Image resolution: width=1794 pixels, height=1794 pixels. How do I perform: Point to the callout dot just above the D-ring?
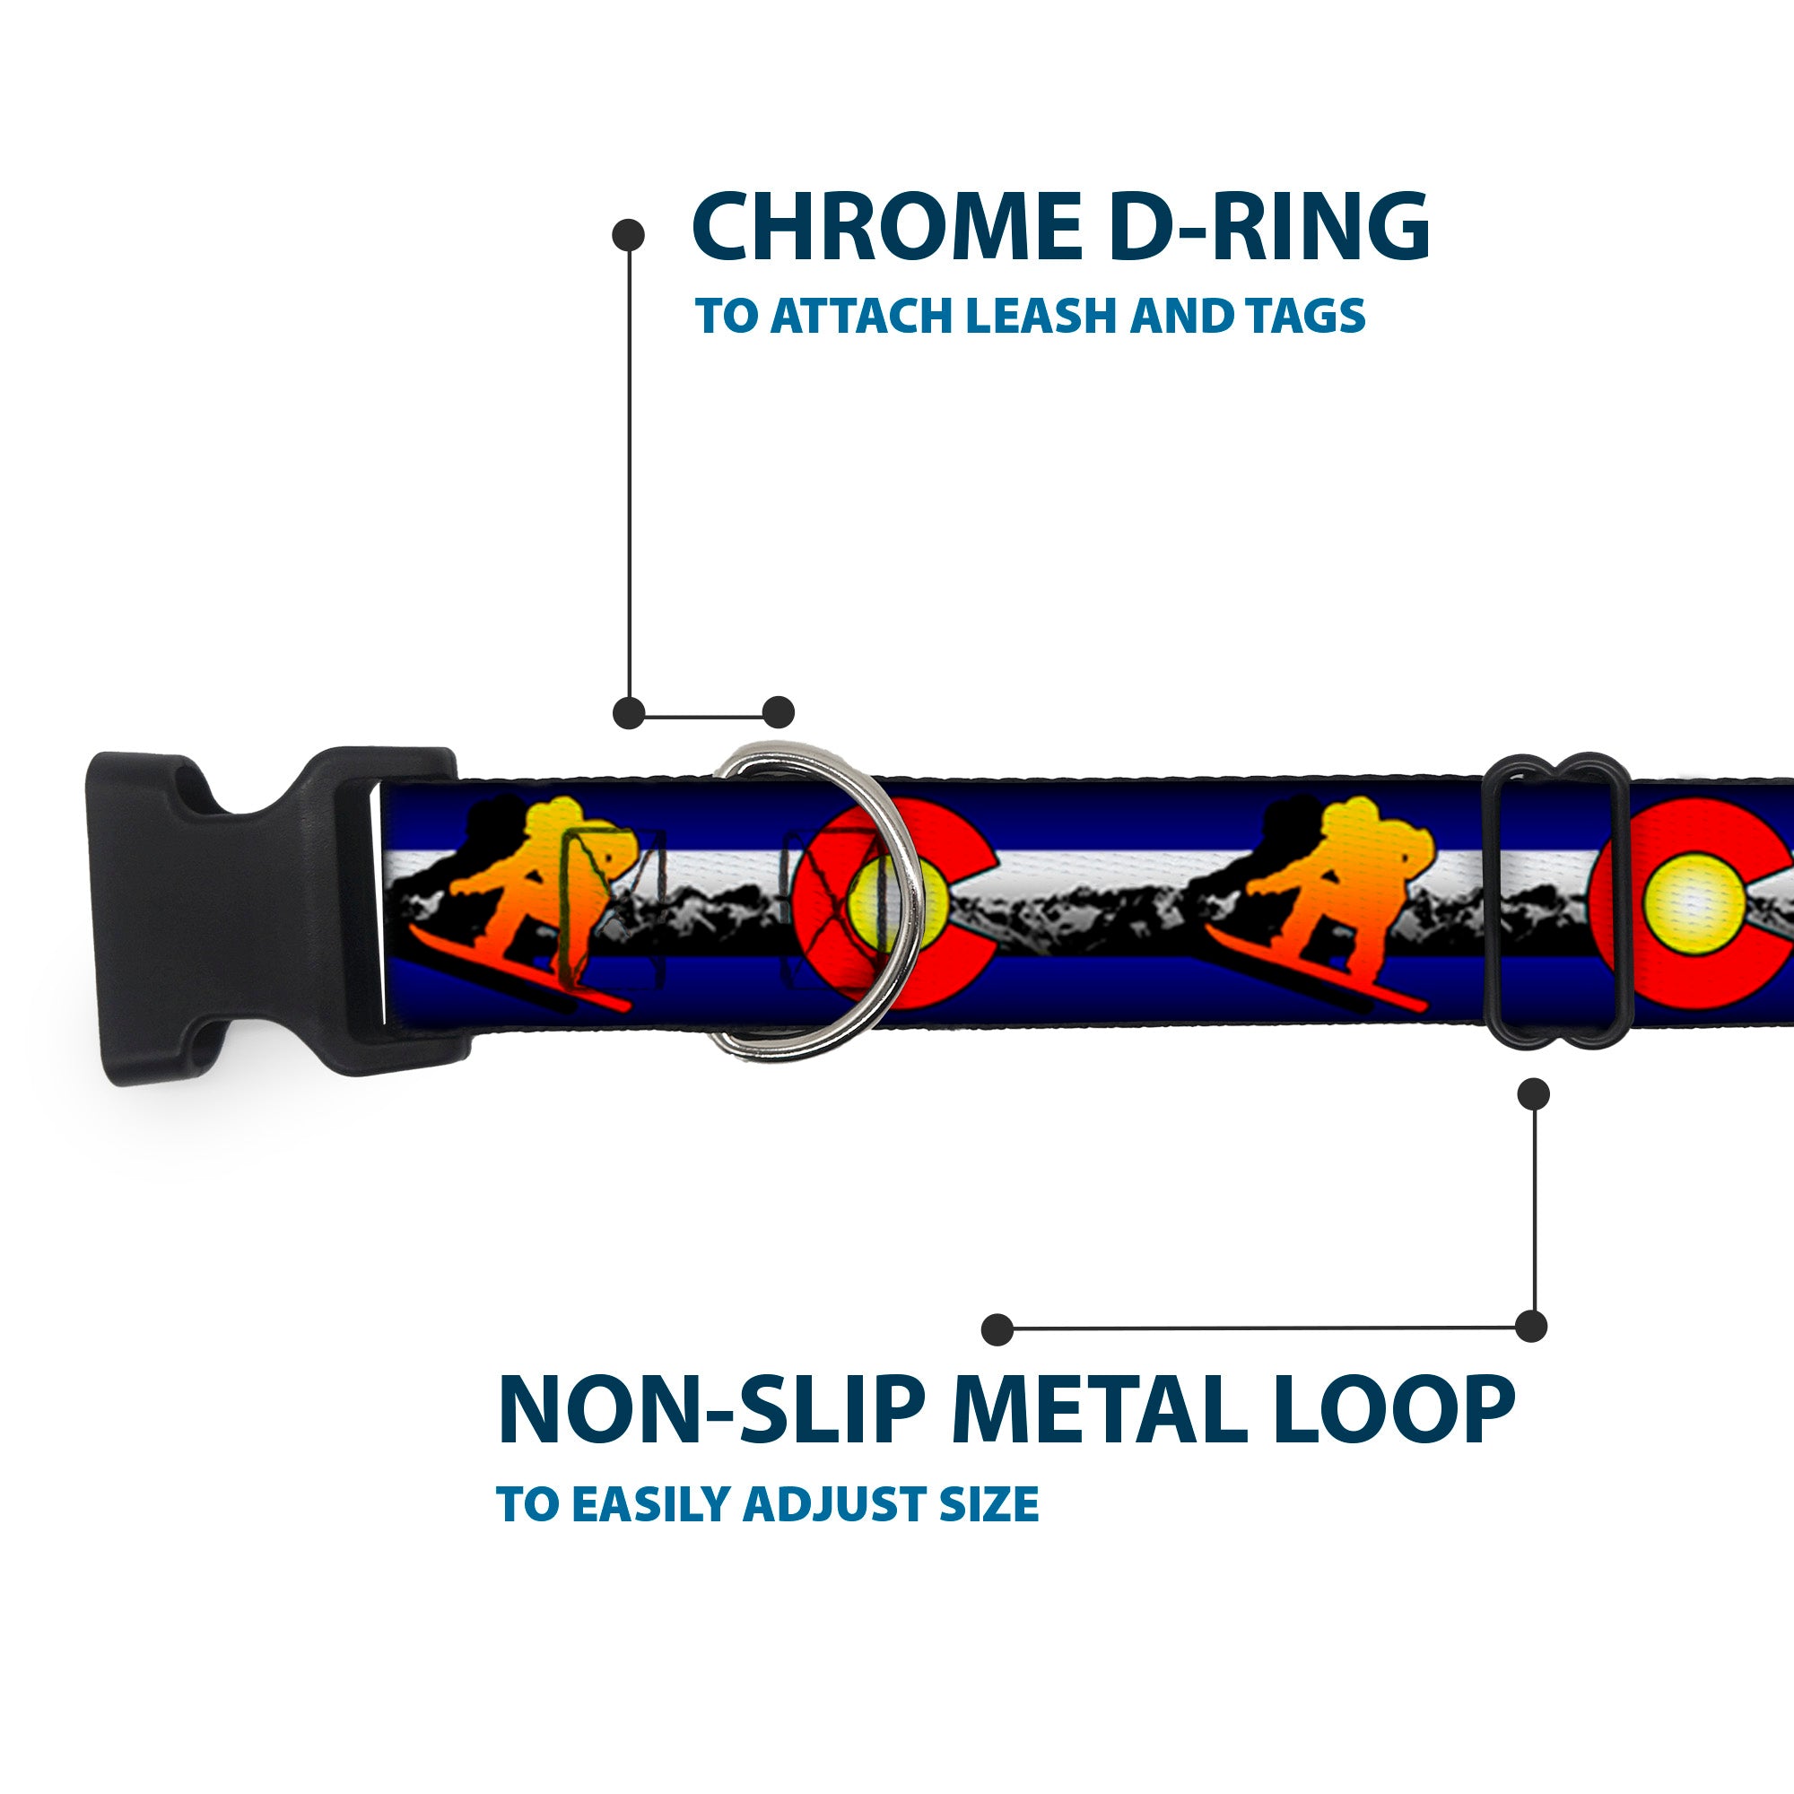(778, 712)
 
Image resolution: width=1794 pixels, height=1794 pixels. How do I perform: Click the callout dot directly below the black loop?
(1533, 1093)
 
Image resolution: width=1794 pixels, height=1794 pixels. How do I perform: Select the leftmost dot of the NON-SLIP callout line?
(997, 1328)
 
